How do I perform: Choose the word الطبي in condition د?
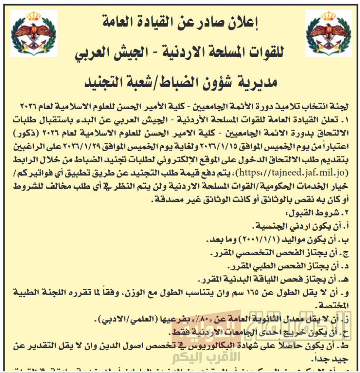248,266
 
